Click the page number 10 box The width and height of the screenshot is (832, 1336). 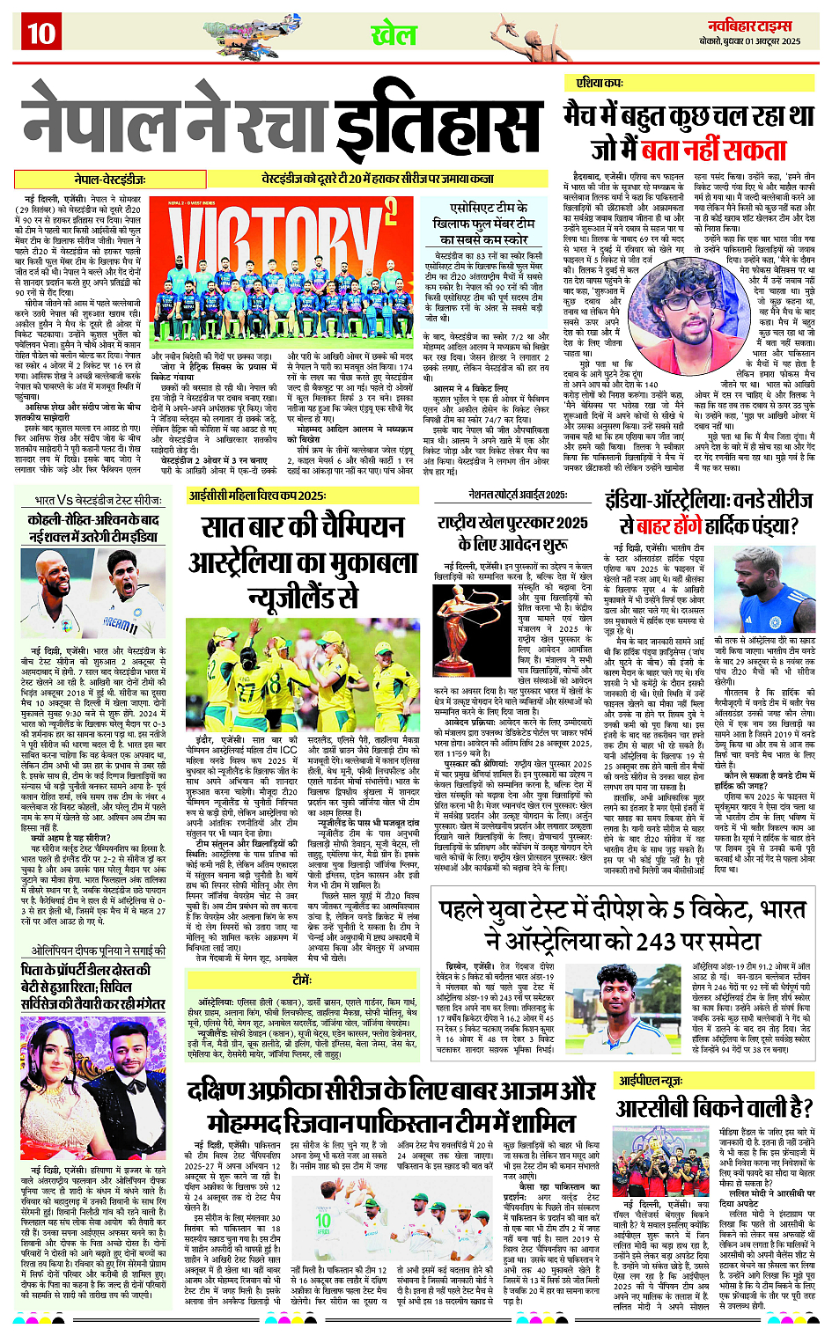40,33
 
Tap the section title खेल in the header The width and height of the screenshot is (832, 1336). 393,35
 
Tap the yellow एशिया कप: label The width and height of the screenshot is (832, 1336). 600,83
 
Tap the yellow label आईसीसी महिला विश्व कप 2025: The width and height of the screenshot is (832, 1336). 258,495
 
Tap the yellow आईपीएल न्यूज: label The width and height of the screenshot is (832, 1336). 651,1080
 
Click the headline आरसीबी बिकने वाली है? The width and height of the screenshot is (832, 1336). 714,1107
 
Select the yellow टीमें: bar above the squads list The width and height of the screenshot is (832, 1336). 301,979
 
